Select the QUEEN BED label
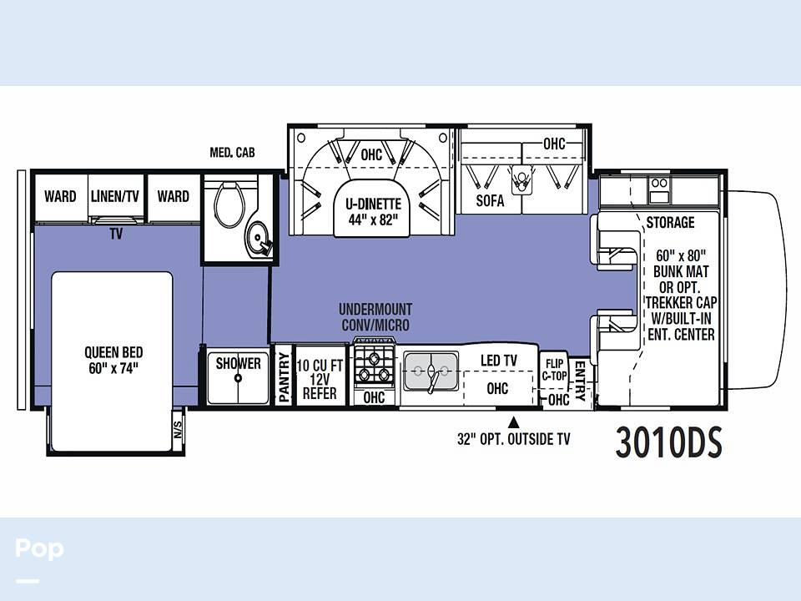click(x=113, y=361)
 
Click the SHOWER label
click(x=238, y=363)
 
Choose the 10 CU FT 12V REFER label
click(x=320, y=379)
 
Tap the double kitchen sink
click(x=431, y=371)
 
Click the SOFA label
click(x=490, y=201)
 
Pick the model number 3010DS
click(x=668, y=442)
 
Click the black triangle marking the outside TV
click(x=514, y=422)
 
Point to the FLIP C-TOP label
click(x=554, y=370)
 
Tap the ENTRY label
click(x=581, y=381)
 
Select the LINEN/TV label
click(x=115, y=196)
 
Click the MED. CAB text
click(x=232, y=152)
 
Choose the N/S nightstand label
click(x=178, y=430)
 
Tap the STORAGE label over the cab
click(x=670, y=222)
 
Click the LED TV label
click(x=499, y=361)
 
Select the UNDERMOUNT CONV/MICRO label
click(x=375, y=317)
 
